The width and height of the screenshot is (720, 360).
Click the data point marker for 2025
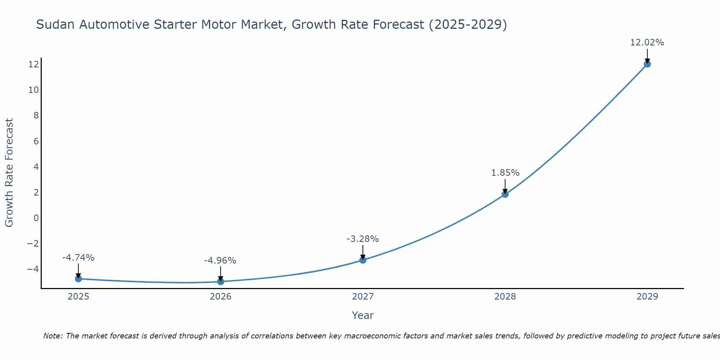coord(78,279)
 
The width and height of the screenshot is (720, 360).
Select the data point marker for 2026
coord(221,282)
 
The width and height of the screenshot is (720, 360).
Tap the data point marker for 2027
coord(363,260)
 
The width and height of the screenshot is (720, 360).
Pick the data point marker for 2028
coord(505,194)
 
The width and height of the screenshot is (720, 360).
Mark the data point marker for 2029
coord(647,64)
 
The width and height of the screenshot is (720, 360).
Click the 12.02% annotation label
coord(647,42)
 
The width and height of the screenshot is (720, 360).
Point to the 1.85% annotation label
coord(505,173)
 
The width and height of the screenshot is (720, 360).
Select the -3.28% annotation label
coord(363,239)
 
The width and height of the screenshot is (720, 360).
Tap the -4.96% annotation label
coord(220,261)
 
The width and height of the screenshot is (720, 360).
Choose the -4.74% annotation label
coord(78,258)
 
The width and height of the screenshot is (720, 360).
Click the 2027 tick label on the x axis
coord(363,297)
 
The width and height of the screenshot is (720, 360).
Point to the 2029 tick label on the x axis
coord(647,297)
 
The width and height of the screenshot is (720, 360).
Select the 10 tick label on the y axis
coord(33,90)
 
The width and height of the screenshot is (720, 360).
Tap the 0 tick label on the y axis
coord(36,218)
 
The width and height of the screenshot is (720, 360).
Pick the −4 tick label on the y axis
coord(33,269)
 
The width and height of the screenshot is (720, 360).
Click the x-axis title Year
coord(363,315)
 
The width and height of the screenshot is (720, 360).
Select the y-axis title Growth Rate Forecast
coord(9,173)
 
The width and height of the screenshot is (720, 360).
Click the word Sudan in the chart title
coord(56,24)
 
